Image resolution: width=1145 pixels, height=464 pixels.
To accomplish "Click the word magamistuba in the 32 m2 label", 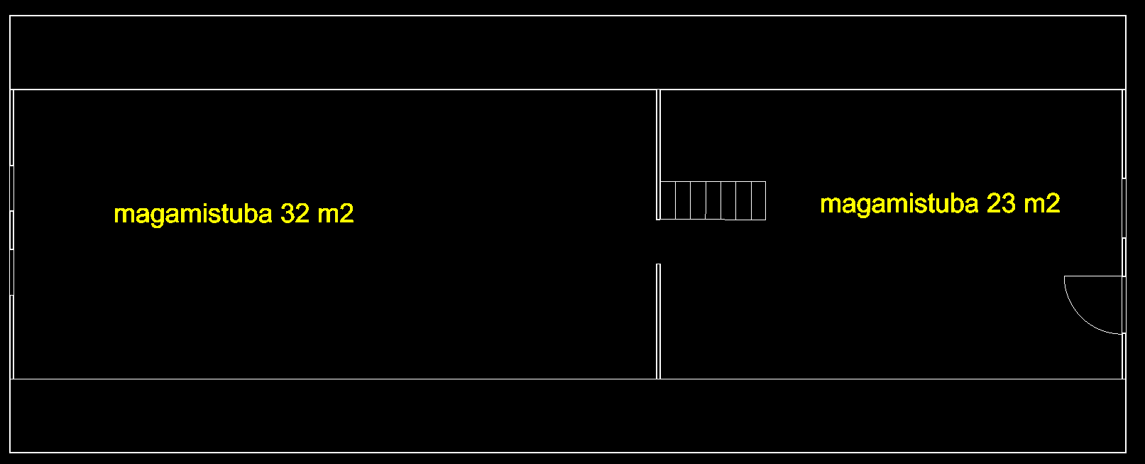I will pos(192,214).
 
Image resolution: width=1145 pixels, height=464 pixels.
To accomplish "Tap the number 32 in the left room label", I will pos(295,213).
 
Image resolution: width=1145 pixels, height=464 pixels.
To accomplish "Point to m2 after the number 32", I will pos(336,213).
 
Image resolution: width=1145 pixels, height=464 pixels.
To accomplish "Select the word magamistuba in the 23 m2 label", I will pos(899,204).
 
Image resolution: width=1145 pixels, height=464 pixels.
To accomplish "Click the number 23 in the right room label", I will pos(1001,203).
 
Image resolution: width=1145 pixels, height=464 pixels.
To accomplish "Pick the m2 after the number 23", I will pos(1042,203).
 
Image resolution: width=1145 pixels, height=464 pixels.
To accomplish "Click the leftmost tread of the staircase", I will pos(668,200).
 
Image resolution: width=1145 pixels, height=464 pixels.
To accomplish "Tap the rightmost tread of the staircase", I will pos(758,200).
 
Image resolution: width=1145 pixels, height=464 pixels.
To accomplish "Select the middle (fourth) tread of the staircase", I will pos(713,200).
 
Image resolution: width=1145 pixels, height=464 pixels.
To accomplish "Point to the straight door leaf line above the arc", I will pos(1093,276).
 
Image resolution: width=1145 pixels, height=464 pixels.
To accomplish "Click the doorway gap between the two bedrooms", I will pos(658,242).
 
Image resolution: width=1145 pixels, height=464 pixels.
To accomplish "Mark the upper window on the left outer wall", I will pos(11,188).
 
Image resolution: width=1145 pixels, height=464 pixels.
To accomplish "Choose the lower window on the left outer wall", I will pos(11,271).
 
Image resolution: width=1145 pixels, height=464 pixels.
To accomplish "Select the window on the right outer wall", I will pos(1124,207).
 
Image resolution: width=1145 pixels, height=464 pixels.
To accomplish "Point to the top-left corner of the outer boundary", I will pos(10,16).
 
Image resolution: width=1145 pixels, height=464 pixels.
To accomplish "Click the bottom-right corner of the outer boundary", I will pos(1126,452).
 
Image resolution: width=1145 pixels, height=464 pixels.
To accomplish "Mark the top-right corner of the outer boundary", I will pos(1126,16).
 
